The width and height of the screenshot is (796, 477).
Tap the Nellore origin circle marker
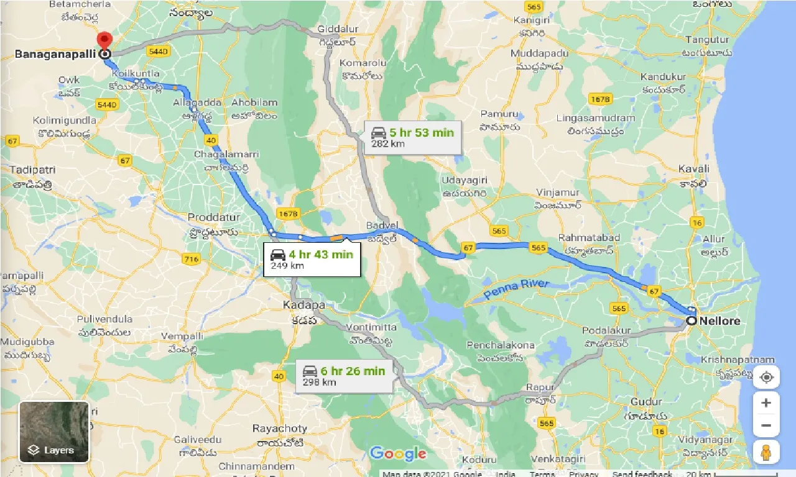(x=692, y=320)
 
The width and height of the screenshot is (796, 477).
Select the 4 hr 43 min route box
(x=312, y=259)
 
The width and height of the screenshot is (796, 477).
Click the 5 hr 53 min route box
(x=413, y=137)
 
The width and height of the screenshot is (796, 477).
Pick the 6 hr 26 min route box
(x=344, y=376)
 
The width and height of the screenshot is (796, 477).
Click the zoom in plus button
(x=766, y=402)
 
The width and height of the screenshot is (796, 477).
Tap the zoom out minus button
(x=766, y=426)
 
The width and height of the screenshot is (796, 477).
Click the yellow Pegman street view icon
(x=766, y=452)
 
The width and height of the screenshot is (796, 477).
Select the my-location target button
(x=766, y=377)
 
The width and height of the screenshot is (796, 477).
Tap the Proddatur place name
(x=213, y=217)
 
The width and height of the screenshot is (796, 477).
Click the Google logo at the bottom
(x=398, y=454)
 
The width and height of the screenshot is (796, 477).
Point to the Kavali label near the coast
(x=693, y=169)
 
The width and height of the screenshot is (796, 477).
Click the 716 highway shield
(x=192, y=259)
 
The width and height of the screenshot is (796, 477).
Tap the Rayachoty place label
(x=280, y=429)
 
